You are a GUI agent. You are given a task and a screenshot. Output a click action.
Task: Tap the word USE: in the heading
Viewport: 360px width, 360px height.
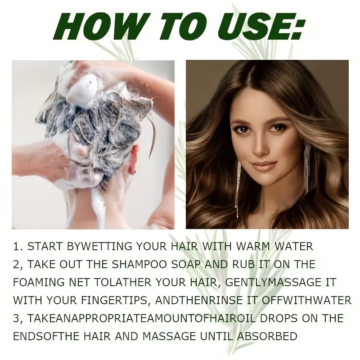(x=261, y=28)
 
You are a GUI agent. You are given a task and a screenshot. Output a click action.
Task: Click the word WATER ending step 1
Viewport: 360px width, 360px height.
(x=297, y=247)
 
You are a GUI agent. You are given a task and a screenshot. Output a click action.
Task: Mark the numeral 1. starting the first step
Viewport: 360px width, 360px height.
(x=18, y=247)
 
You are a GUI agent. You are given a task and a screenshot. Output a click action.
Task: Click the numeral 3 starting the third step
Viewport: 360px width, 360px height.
(x=17, y=318)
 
